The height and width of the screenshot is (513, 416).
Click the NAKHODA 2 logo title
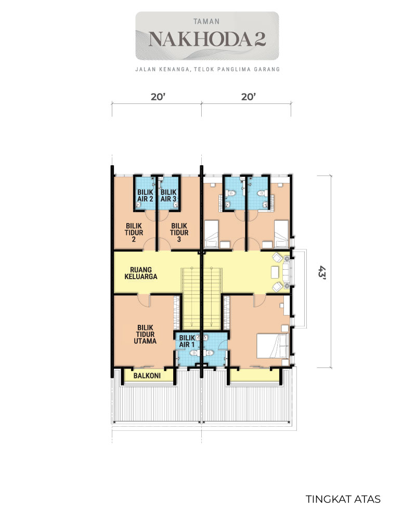[207, 39]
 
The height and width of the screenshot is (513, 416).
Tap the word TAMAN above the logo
[206, 22]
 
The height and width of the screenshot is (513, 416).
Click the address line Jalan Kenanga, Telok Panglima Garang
[207, 69]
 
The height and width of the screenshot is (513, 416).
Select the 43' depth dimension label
[322, 272]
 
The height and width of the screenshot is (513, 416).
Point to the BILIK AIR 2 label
[145, 195]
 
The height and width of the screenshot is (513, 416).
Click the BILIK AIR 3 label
[168, 195]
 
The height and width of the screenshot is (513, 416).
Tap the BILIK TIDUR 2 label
[134, 232]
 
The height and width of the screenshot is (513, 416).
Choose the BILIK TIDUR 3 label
[179, 232]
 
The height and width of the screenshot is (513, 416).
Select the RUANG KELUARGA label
[141, 273]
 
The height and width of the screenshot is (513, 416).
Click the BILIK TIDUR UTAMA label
[145, 334]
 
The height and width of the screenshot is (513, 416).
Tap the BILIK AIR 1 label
[187, 341]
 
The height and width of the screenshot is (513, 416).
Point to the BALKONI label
[147, 376]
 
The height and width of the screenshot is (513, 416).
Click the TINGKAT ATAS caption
[343, 499]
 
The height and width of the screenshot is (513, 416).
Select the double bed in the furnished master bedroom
[272, 346]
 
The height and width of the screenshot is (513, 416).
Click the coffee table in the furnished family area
[275, 272]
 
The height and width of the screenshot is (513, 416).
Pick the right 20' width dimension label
[249, 97]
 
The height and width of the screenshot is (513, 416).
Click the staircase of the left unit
[190, 298]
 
